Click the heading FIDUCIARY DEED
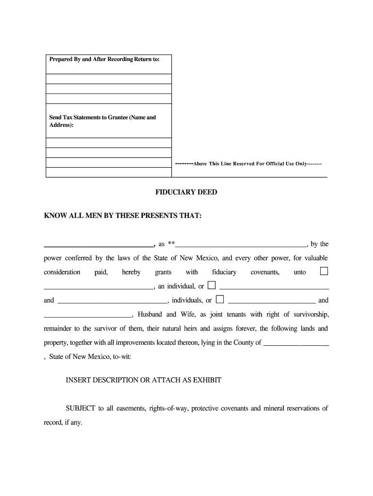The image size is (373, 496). pyautogui.click(x=186, y=192)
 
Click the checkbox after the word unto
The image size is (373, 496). pyautogui.click(x=324, y=271)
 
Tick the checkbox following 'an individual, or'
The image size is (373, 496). pyautogui.click(x=212, y=285)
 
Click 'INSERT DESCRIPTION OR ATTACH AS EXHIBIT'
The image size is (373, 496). pyautogui.click(x=143, y=380)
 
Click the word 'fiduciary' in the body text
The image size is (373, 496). pyautogui.click(x=224, y=272)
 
